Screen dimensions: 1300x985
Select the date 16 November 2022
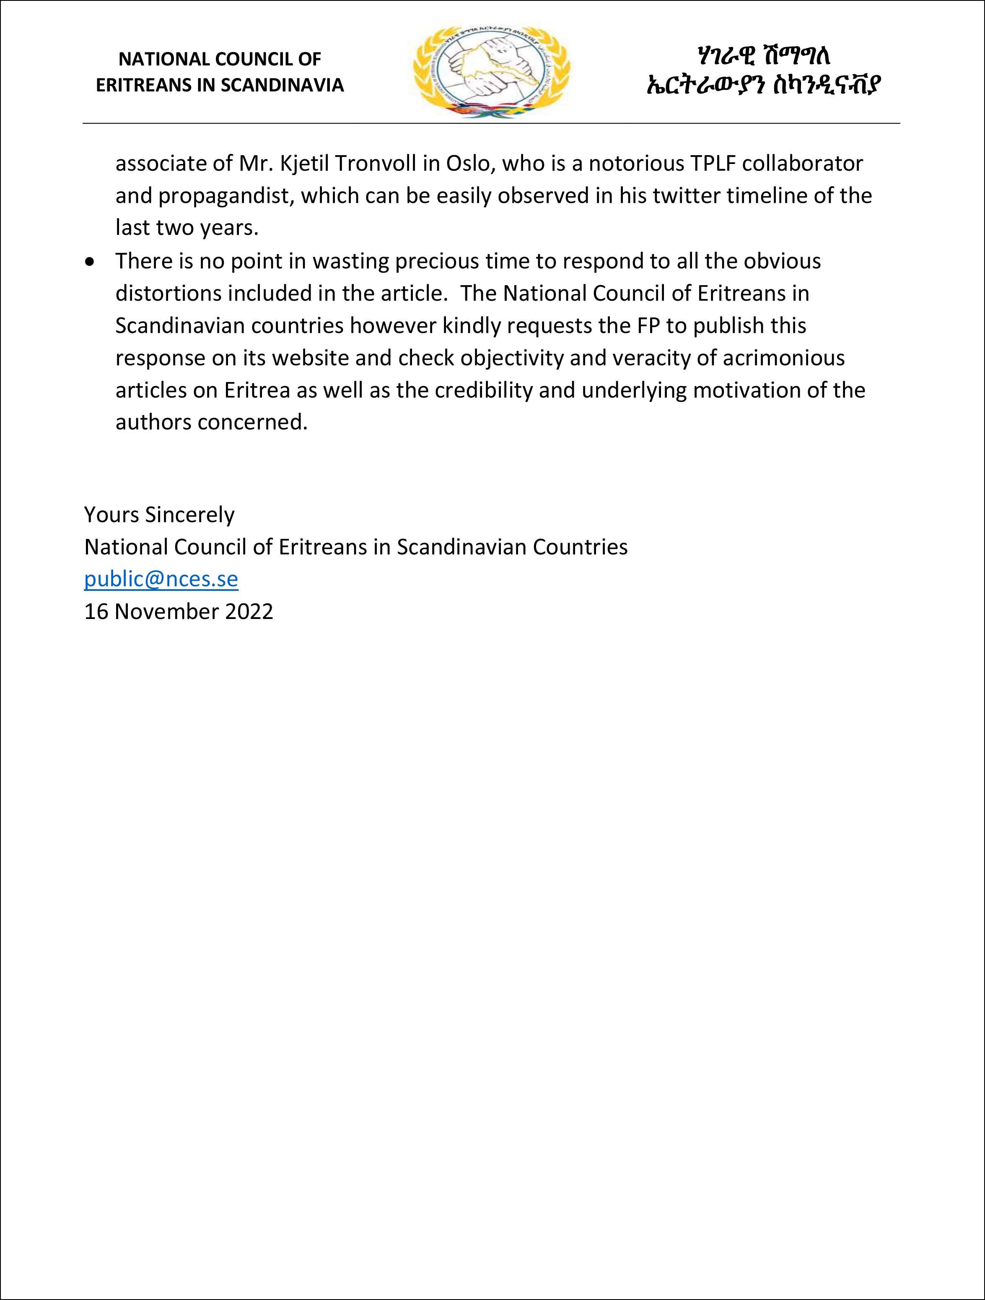[179, 611]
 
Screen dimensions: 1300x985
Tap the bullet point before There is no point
[89, 262]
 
